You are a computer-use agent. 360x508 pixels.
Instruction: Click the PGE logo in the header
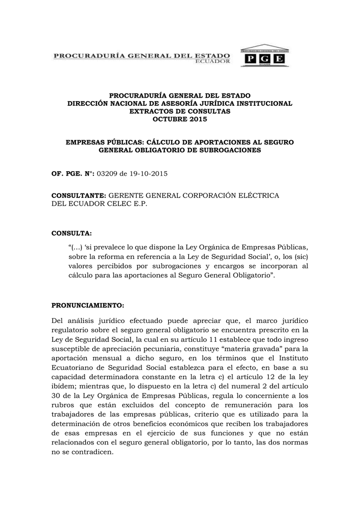pyautogui.click(x=264, y=58)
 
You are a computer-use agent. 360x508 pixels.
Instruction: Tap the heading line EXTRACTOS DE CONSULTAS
pyautogui.click(x=180, y=111)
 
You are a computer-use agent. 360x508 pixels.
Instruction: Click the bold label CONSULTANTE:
pyautogui.click(x=79, y=196)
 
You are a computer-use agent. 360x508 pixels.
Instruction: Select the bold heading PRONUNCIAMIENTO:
pyautogui.click(x=87, y=305)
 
